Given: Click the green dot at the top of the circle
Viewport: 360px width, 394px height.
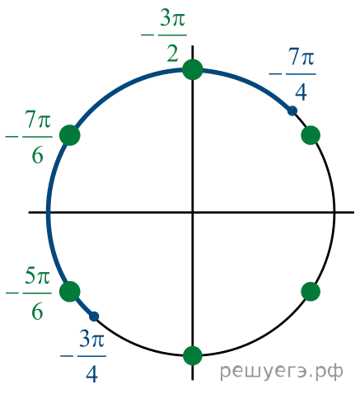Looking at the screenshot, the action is click(x=193, y=69).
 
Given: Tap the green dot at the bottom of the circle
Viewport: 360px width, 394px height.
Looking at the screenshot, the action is click(x=193, y=356).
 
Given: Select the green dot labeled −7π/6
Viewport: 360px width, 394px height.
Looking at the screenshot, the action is click(x=70, y=135).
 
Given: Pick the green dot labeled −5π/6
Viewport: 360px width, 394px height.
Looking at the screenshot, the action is click(x=70, y=292).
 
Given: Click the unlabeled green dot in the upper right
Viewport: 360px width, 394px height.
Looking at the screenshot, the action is click(x=311, y=135).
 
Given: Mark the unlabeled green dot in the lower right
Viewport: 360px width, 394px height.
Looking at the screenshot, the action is click(x=311, y=292).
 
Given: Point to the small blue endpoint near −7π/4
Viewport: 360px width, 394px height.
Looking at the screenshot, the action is click(x=292, y=110).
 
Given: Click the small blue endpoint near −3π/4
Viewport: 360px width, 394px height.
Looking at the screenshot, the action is click(x=94, y=317).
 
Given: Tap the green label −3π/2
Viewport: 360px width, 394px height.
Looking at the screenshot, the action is click(x=164, y=36).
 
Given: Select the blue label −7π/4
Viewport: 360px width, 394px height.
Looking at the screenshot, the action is click(x=292, y=75).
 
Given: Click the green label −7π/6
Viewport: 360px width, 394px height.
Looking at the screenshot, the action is click(x=29, y=137).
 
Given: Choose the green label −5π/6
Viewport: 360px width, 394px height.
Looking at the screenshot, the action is click(x=29, y=293).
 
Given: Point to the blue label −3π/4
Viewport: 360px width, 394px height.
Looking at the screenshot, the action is click(x=83, y=357).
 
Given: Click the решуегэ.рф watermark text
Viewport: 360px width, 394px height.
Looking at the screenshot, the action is click(x=282, y=372).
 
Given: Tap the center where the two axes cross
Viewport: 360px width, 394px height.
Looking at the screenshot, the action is click(x=193, y=212).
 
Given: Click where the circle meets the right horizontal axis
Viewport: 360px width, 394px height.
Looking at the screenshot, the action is click(x=334, y=212).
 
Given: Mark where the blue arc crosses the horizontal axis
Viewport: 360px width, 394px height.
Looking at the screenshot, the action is click(x=49, y=212).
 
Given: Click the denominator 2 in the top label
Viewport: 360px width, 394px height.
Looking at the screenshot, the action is click(x=173, y=54).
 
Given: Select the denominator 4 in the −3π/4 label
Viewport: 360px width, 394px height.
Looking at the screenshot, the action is click(x=91, y=374).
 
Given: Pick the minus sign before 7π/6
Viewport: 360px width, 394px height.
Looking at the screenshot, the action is click(x=12, y=137).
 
